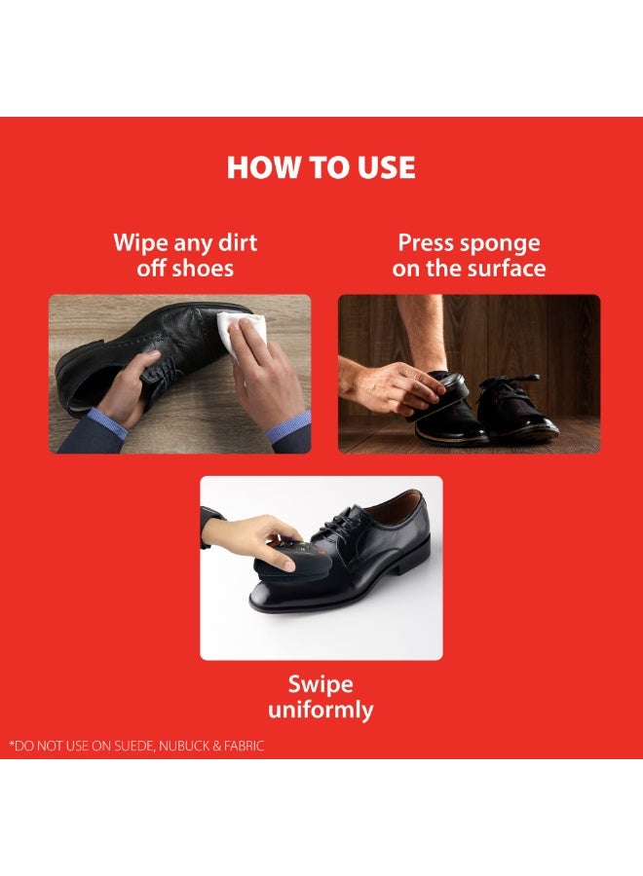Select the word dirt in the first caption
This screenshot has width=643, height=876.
point(238,242)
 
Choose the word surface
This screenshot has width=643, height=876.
point(507,269)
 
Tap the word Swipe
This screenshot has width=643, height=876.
point(321,685)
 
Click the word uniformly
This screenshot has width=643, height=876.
point(321,711)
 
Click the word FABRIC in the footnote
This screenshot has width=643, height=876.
point(244,746)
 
